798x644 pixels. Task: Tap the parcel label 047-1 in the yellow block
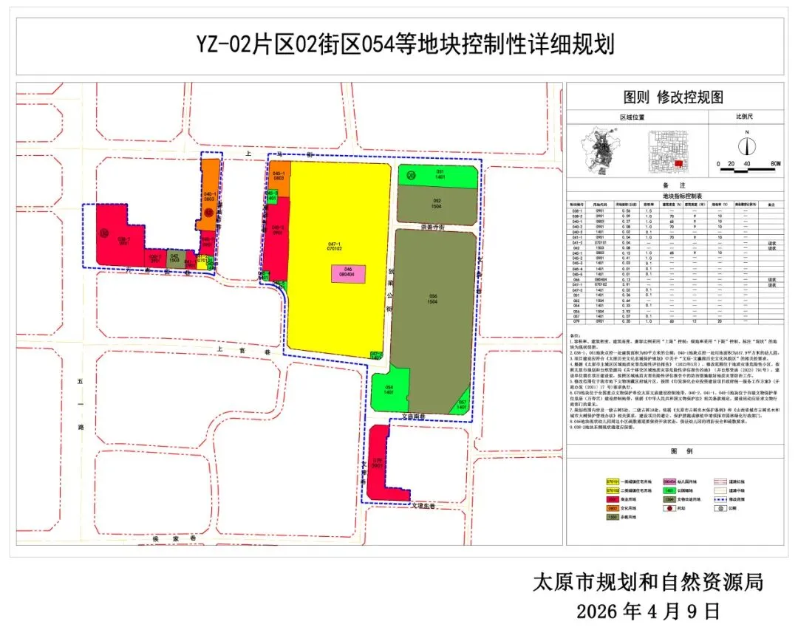click(333, 244)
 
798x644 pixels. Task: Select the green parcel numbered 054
click(389, 390)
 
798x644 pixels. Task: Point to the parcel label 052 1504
click(437, 204)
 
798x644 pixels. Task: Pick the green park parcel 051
click(439, 175)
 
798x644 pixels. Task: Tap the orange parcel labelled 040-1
click(210, 196)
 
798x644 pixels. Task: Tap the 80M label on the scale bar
click(775, 163)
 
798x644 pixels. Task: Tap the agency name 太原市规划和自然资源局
click(647, 582)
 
